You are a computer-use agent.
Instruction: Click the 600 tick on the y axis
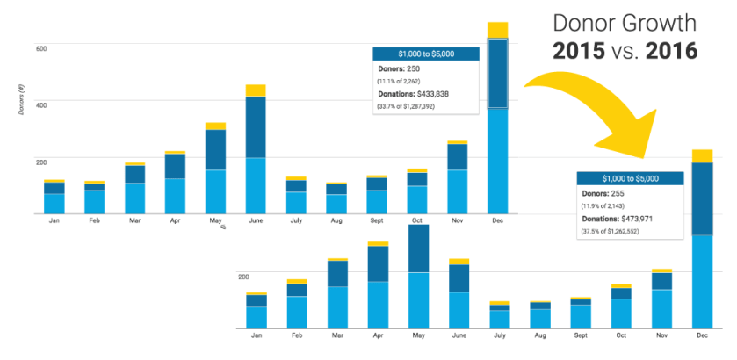coord(41,47)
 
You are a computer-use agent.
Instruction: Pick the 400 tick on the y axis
coord(41,104)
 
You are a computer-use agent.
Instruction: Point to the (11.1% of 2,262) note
coord(406,80)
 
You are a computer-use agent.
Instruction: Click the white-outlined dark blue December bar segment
coord(498,74)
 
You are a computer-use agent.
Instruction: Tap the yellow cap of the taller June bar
coord(256,90)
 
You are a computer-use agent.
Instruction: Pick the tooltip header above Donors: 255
coord(630,176)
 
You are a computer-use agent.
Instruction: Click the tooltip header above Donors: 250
coord(426,53)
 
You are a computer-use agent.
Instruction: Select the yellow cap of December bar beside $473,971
coord(702,155)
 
